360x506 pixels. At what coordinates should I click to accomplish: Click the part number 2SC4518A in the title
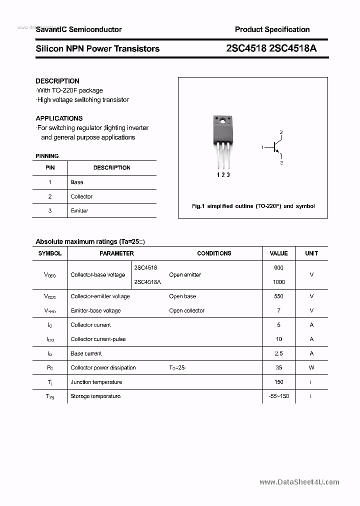pos(293,48)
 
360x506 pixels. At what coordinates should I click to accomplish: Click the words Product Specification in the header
pos(272,29)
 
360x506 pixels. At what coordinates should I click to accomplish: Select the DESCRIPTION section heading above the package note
pos(57,81)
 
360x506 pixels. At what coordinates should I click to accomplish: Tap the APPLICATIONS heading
pos(59,118)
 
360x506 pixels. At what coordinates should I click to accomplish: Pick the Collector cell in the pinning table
pos(81,196)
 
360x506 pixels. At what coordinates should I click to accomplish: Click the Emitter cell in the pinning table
pos(79,211)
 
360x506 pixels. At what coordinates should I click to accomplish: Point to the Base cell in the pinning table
pos(77,182)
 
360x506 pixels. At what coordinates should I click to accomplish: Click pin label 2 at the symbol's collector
pos(281,132)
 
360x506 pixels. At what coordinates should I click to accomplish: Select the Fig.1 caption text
pos(253,206)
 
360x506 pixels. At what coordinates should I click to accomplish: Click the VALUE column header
pos(278,253)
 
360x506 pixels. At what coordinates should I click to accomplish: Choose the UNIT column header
pos(311,253)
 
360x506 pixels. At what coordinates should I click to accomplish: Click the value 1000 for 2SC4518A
pos(278,282)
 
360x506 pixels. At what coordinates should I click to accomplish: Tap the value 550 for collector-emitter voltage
pos(278,296)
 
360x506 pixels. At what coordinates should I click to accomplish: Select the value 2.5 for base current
pos(278,353)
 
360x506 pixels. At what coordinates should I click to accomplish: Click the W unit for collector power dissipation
pos(311,368)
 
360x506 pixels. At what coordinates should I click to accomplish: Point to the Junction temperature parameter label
pos(96,382)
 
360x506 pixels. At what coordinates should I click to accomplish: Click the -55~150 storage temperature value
pos(278,396)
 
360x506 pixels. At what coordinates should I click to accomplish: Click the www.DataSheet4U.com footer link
pos(299,482)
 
